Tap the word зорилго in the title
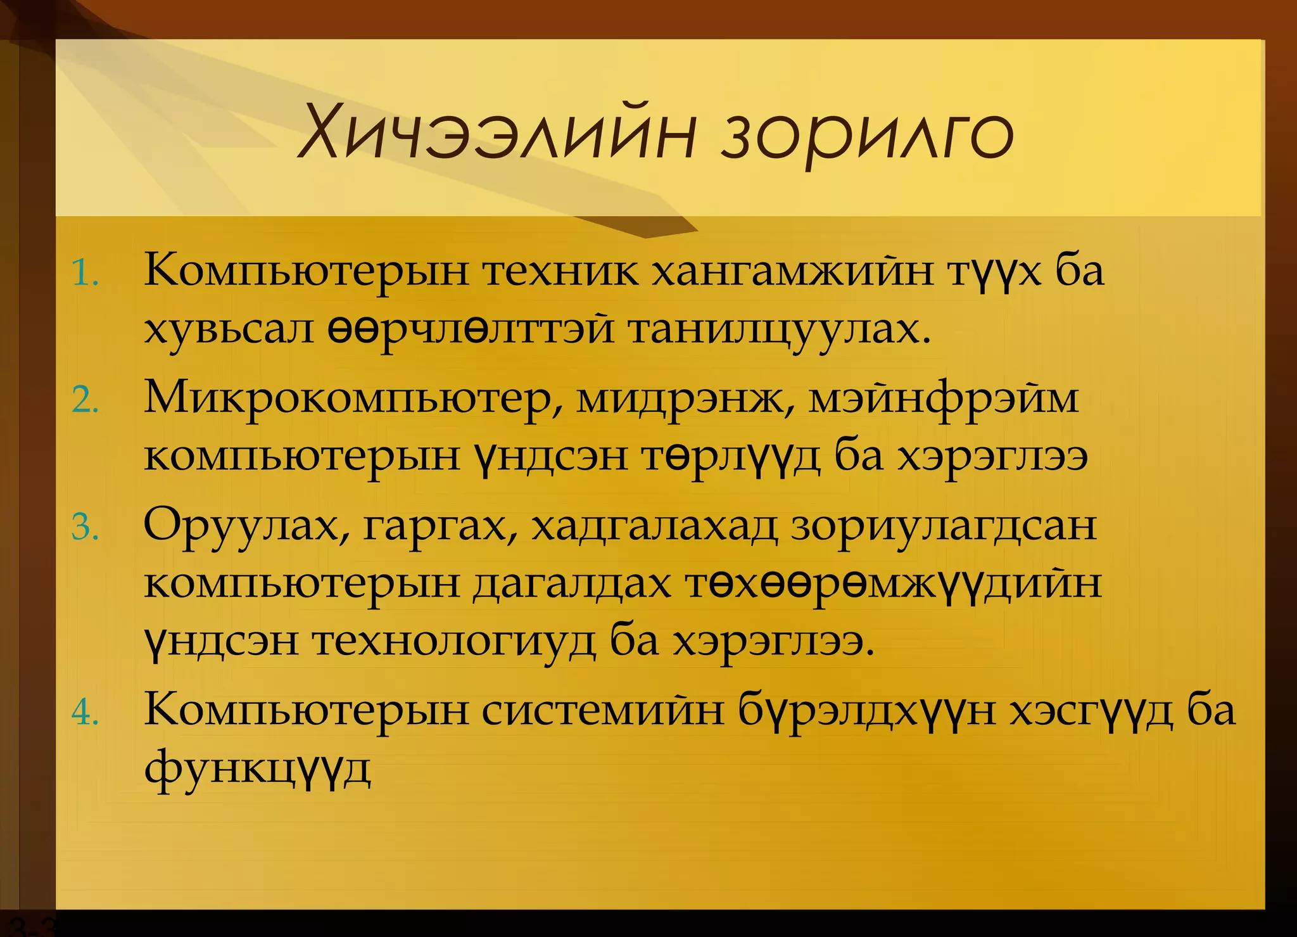868,134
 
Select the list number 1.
85,274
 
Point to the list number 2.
85,401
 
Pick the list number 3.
85,527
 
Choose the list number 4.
85,713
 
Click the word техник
560,271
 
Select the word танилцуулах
779,329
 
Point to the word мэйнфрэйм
944,400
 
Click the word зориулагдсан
944,526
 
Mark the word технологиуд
453,641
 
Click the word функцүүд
257,768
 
